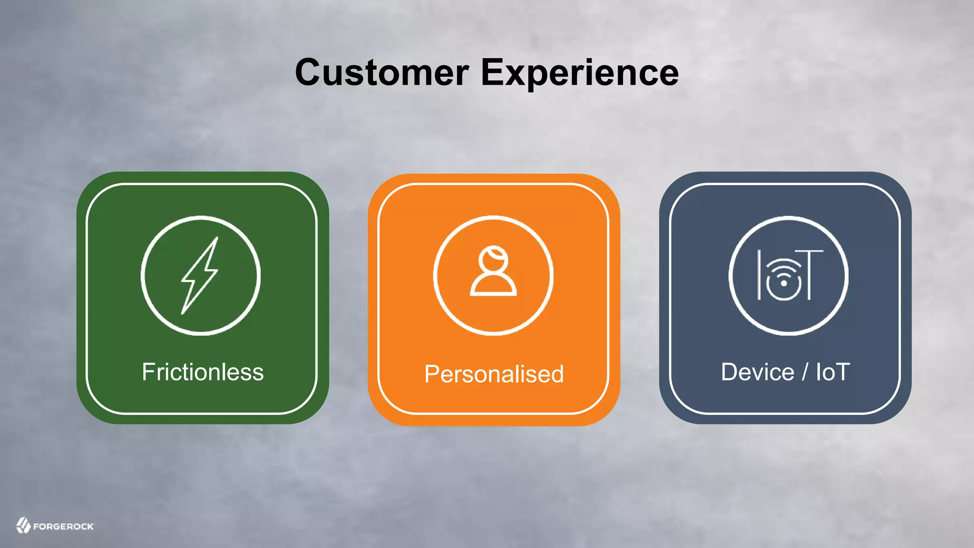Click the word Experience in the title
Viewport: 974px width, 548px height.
click(580, 73)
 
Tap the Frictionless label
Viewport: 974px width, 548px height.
click(203, 372)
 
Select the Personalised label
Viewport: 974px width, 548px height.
click(494, 374)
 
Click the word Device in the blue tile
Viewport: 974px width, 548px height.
click(757, 372)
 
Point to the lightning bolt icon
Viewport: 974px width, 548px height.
click(200, 275)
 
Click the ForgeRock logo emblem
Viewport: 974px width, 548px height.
click(23, 525)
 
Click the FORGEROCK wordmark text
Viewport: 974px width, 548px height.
click(64, 527)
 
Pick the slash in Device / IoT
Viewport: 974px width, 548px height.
click(805, 372)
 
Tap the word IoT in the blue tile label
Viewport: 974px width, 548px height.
click(832, 372)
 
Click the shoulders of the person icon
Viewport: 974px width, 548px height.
click(493, 285)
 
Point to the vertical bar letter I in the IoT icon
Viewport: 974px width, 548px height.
click(760, 274)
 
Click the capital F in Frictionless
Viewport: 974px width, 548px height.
click(148, 372)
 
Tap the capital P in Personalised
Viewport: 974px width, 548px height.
click(432, 374)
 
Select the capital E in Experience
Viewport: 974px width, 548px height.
click(492, 73)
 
